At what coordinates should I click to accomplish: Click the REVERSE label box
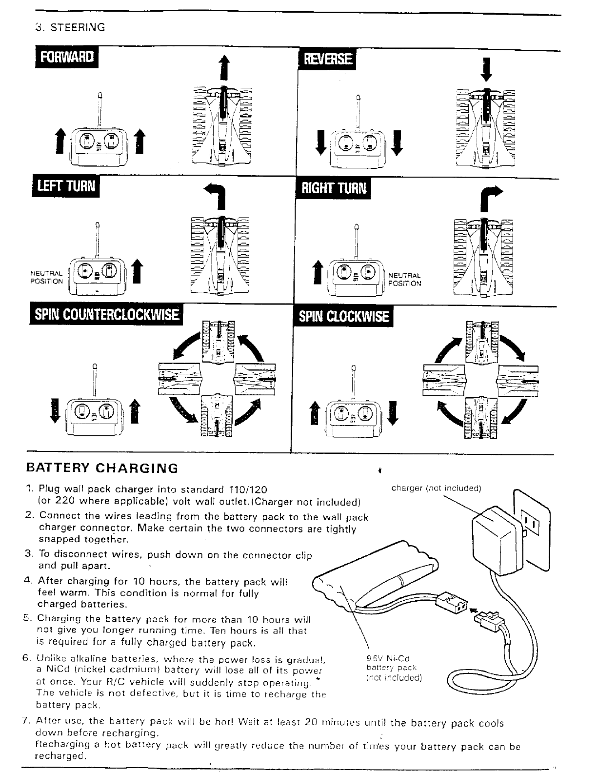click(327, 59)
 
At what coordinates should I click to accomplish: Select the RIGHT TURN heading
click(334, 187)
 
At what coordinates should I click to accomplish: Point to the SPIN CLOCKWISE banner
click(343, 317)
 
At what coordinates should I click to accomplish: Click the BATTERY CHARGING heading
click(102, 468)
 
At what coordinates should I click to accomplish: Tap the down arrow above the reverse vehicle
click(487, 70)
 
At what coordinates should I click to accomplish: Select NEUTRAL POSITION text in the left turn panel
click(47, 277)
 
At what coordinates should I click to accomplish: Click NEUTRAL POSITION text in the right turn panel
click(404, 279)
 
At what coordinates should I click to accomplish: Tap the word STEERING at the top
click(75, 27)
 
